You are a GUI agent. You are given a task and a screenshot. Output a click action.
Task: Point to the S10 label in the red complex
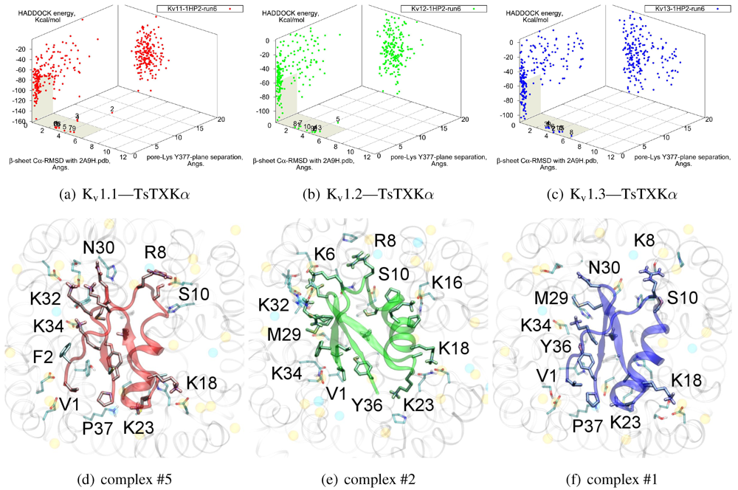[x=193, y=293]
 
